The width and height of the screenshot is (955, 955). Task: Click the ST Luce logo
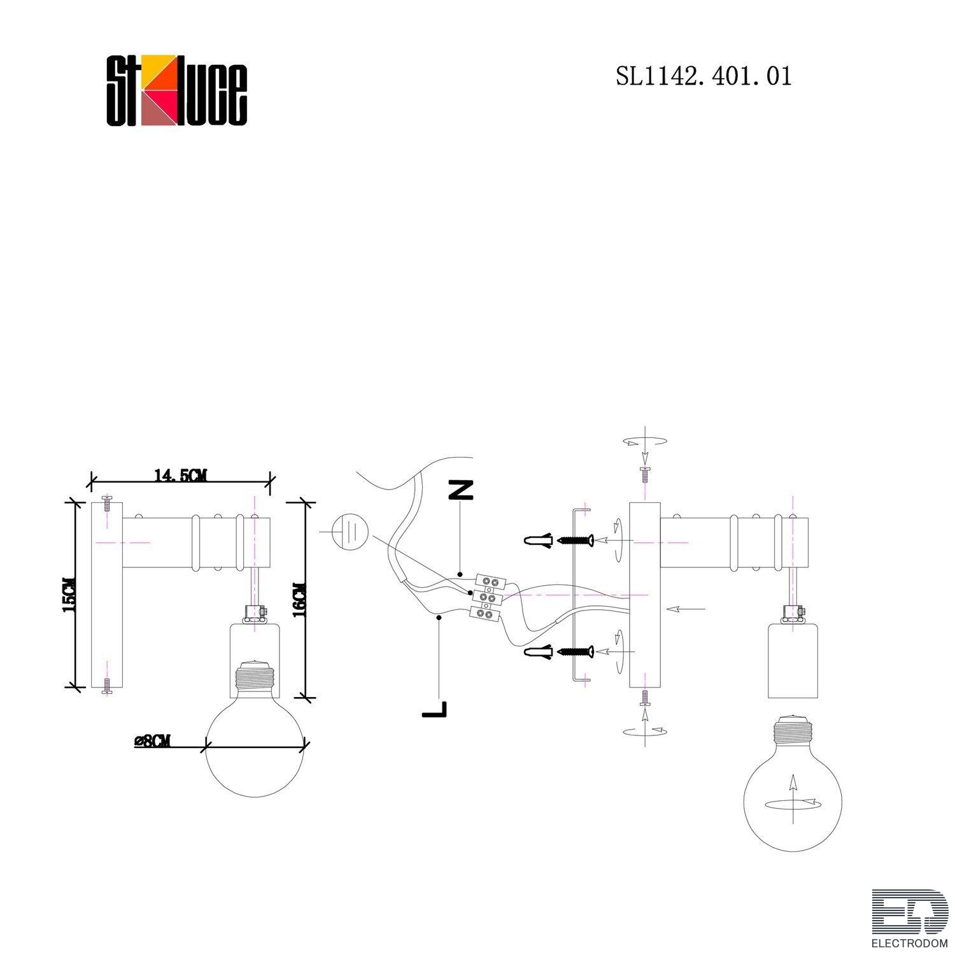(176, 90)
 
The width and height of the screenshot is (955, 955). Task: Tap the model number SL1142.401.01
(704, 76)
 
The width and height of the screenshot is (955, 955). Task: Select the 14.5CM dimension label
(180, 475)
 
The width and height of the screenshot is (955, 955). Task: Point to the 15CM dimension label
(69, 594)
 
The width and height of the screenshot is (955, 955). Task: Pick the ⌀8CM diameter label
(153, 741)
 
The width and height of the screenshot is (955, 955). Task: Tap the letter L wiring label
(434, 708)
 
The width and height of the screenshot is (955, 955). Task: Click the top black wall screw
(576, 541)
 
